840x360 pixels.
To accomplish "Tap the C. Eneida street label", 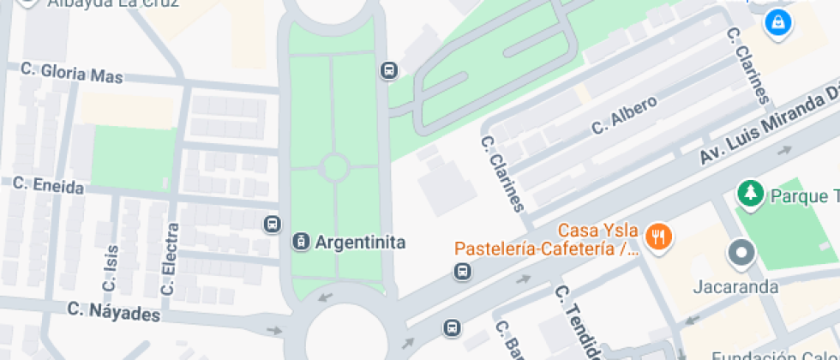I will [x=48, y=186].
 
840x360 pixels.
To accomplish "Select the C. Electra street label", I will [x=169, y=260].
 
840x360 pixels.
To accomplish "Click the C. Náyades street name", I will [x=114, y=312].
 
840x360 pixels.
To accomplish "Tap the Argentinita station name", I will [x=360, y=243].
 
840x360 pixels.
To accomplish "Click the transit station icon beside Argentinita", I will [x=301, y=243].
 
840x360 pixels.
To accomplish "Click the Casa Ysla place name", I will [x=598, y=231].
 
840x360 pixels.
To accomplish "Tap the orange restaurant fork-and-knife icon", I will [x=657, y=236].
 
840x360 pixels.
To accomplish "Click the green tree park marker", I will [x=751, y=194].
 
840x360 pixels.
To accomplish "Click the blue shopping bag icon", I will [x=777, y=21].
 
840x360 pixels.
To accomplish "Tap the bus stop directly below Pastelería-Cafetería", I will [x=462, y=272].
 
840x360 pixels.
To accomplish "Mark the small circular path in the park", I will [x=333, y=167].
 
